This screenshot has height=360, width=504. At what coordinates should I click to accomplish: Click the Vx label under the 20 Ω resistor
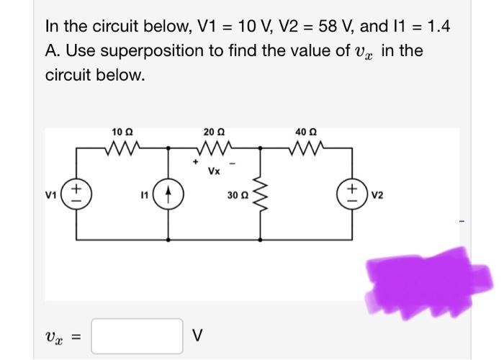[x=214, y=171]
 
